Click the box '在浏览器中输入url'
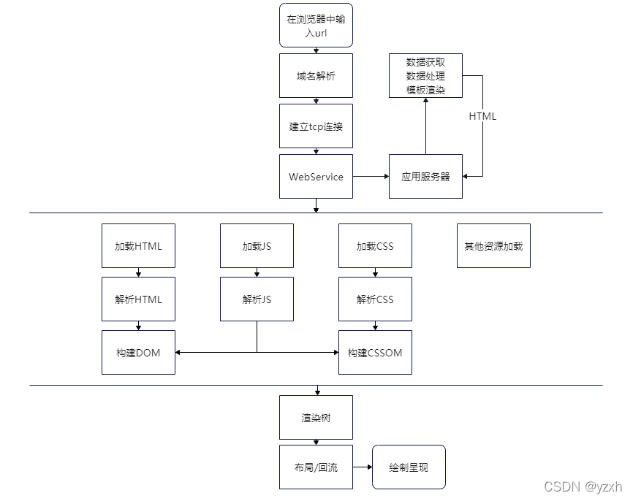click(x=316, y=26)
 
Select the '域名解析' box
click(x=316, y=75)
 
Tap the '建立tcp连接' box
click(x=316, y=126)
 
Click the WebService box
click(x=316, y=176)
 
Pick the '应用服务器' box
click(x=425, y=176)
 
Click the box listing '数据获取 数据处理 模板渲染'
click(x=425, y=76)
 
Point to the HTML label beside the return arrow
click(x=482, y=116)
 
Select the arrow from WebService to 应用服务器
click(x=371, y=176)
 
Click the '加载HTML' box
click(x=138, y=246)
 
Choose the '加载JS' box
click(x=257, y=246)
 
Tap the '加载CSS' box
click(x=375, y=246)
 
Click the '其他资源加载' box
click(x=493, y=246)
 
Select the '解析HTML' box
click(x=138, y=299)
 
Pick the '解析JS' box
click(x=257, y=299)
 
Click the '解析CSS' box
click(x=375, y=299)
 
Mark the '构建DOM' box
click(x=138, y=352)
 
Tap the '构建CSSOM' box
click(x=375, y=352)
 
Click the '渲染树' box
click(x=316, y=417)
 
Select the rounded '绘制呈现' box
click(x=409, y=467)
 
